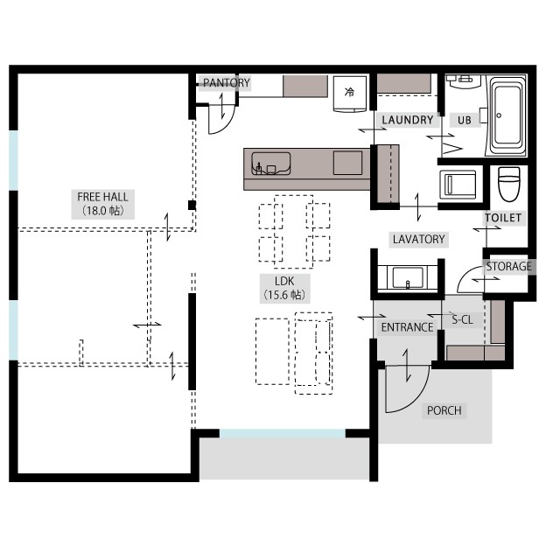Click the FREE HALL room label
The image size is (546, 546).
tap(102, 204)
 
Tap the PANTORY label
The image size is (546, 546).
tap(227, 83)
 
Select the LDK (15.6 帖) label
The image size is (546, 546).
tap(285, 288)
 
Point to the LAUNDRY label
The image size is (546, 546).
tap(408, 120)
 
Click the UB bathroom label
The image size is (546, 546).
tap(464, 121)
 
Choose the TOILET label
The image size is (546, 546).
tap(503, 218)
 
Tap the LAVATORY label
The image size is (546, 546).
tap(419, 239)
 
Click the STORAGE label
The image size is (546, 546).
tap(508, 266)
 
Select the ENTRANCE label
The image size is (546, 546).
tap(407, 327)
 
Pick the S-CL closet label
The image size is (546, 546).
tap(462, 319)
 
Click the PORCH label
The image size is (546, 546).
tap(444, 410)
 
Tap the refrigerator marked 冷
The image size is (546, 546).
tap(350, 94)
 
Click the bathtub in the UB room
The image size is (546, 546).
tap(507, 115)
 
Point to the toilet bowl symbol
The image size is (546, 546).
tap(508, 184)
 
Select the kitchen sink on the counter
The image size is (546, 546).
tap(271, 164)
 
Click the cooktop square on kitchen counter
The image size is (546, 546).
tap(347, 163)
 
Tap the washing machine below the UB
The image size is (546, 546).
tap(458, 185)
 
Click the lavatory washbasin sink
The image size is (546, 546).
tap(408, 277)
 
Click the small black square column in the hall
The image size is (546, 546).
tap(192, 205)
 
